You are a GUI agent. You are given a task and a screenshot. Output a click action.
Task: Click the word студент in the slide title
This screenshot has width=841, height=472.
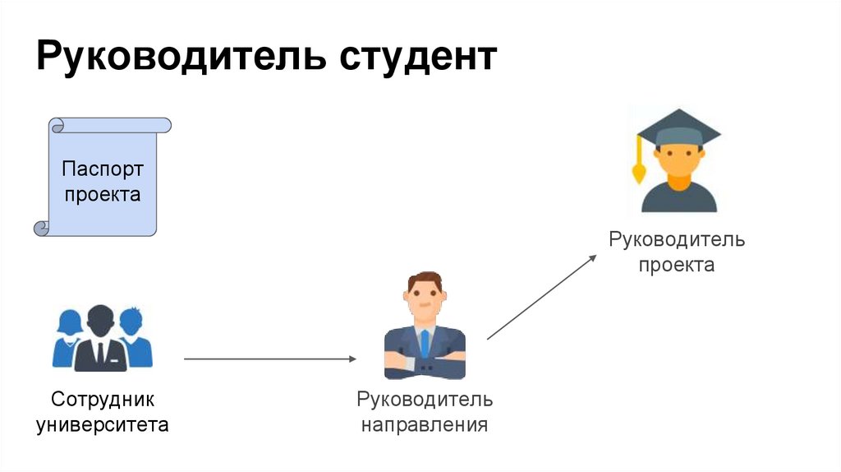tap(417, 59)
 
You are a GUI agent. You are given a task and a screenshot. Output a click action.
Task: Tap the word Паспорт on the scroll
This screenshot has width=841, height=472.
tap(103, 169)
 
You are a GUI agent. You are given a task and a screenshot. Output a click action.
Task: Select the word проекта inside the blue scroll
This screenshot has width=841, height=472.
tap(103, 195)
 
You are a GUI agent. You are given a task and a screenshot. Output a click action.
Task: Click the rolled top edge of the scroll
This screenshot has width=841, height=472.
tap(110, 125)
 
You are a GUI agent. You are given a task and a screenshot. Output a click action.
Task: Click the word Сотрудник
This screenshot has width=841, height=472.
tap(103, 400)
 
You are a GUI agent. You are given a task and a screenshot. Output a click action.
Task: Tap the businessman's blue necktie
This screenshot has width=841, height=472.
tap(425, 342)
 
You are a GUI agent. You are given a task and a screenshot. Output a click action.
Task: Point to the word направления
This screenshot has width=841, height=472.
tap(425, 425)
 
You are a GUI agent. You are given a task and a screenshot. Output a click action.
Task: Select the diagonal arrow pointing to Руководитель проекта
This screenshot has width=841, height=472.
tap(542, 297)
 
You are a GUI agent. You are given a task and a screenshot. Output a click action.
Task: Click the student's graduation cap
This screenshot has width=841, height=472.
tap(678, 132)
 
